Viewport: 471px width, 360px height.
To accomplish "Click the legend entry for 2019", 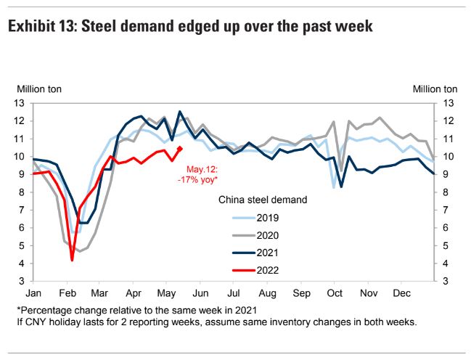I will [x=247, y=216].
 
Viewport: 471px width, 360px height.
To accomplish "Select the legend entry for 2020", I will [x=247, y=234].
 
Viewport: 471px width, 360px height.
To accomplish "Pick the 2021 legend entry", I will [x=247, y=252].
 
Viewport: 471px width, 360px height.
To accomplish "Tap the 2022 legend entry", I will [x=247, y=269].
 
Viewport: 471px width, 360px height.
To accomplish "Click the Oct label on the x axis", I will [x=335, y=293].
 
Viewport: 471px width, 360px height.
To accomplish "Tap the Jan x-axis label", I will [x=33, y=293].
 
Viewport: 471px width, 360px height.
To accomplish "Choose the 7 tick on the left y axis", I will [x=22, y=210].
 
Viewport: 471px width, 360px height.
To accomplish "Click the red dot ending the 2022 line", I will [x=180, y=148].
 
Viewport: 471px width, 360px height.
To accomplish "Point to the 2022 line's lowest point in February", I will [x=72, y=260].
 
